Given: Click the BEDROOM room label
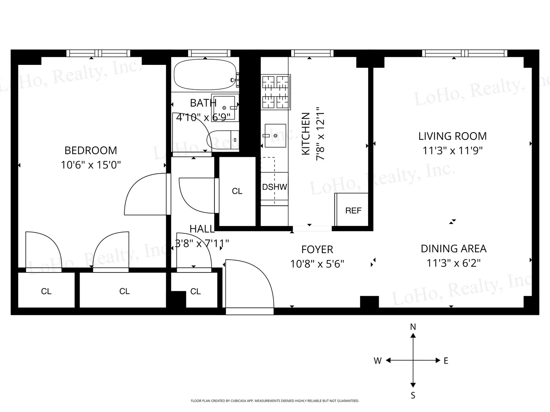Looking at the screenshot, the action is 91,151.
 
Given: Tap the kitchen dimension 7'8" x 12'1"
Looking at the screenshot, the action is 320,134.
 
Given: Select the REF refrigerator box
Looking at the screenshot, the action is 352,209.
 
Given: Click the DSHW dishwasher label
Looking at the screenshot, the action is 274,187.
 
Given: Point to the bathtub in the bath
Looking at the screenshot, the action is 205,74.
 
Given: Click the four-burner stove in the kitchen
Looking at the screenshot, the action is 276,92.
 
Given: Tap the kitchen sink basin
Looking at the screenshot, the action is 275,136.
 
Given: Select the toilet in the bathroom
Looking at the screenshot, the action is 223,140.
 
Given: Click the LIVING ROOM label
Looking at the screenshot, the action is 452,136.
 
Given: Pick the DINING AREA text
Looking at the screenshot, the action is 454,249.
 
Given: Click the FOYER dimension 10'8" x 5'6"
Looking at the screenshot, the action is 317,264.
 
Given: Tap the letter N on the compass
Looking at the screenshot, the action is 413,327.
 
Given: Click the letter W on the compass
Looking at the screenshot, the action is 378,360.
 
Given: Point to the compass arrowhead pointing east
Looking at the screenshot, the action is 438,360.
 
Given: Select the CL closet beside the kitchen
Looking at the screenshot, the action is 237,192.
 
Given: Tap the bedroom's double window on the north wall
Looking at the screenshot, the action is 98,53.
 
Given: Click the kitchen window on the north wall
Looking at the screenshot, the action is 312,53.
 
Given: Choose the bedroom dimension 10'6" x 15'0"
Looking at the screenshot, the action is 91,165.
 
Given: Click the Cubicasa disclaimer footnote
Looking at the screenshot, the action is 275,401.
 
